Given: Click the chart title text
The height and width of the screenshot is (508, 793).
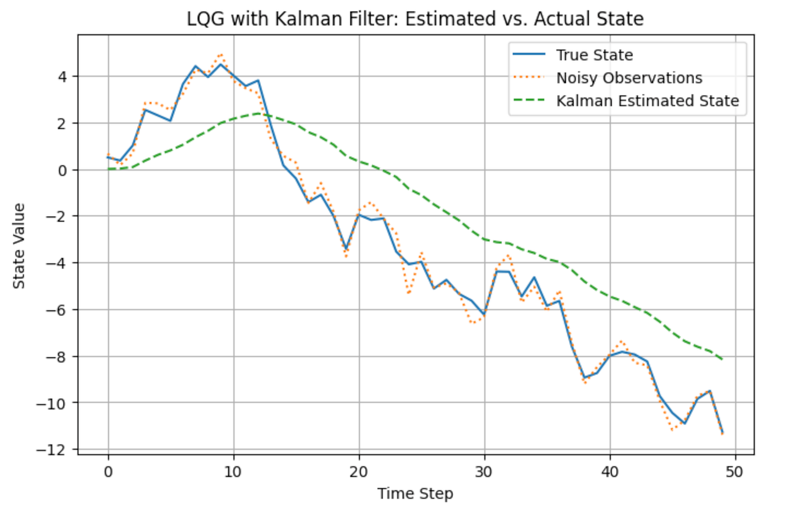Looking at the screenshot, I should tap(415, 19).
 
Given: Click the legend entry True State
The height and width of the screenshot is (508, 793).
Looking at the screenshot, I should tap(594, 55).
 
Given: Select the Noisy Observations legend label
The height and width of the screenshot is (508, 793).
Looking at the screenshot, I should tap(628, 78).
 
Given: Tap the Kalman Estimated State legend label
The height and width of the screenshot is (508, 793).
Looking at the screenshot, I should tap(648, 101).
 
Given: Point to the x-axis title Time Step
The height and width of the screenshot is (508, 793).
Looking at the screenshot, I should tap(415, 494).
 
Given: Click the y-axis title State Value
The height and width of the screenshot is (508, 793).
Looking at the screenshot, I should tap(20, 245).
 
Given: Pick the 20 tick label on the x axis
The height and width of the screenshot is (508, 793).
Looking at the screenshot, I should tap(359, 471).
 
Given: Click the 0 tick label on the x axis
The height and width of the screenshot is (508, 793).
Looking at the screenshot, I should tap(108, 471).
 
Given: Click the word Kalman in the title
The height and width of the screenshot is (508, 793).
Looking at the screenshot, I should tap(277, 19).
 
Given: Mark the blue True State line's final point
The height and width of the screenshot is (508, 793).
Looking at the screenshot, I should tap(722, 432).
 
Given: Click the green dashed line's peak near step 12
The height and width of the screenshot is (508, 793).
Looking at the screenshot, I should tap(258, 113).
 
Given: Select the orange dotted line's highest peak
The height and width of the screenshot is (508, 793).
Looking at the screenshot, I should tap(221, 54).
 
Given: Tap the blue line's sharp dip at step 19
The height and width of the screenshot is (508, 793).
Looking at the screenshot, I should tap(346, 249).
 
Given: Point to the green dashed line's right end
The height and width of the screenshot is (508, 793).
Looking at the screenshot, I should tap(722, 359).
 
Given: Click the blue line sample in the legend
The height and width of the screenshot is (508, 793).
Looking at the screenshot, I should tap(529, 55).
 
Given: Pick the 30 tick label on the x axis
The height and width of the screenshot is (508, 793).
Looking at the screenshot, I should tap(484, 471).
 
